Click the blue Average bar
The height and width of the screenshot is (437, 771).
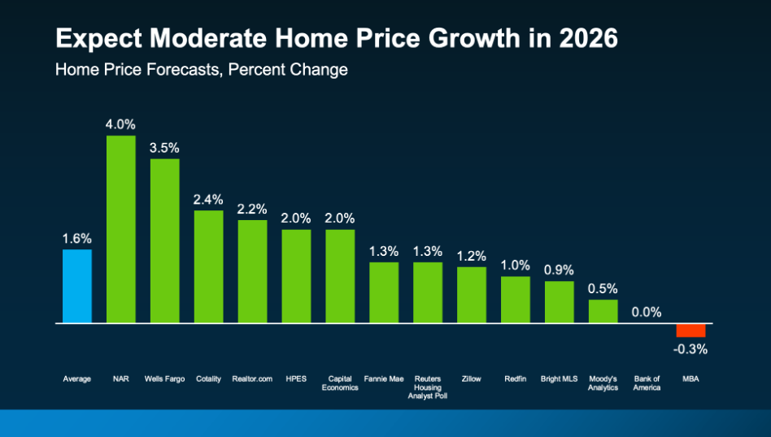(77, 286)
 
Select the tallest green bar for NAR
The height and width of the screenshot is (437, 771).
(121, 229)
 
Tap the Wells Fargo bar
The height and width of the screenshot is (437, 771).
(164, 240)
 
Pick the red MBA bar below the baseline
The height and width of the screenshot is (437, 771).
(691, 331)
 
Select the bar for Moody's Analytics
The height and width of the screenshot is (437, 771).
(603, 311)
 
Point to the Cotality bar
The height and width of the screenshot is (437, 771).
(208, 266)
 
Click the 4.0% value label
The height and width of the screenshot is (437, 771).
(121, 124)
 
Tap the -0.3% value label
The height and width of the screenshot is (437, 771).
(691, 349)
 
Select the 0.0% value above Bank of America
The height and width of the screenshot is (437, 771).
(647, 312)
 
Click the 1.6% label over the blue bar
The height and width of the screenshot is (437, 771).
(77, 239)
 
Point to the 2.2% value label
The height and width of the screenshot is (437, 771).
(252, 210)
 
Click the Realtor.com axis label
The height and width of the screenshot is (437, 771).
(252, 379)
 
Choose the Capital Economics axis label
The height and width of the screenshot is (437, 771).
(340, 383)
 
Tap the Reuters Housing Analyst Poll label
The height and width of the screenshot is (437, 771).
(428, 387)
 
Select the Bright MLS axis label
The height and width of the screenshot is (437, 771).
(560, 379)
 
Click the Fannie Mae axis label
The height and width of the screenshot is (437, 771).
(384, 379)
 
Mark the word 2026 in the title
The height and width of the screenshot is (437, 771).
(588, 38)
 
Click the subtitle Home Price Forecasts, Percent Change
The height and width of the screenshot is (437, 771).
(201, 70)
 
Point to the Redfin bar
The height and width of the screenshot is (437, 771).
(516, 300)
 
